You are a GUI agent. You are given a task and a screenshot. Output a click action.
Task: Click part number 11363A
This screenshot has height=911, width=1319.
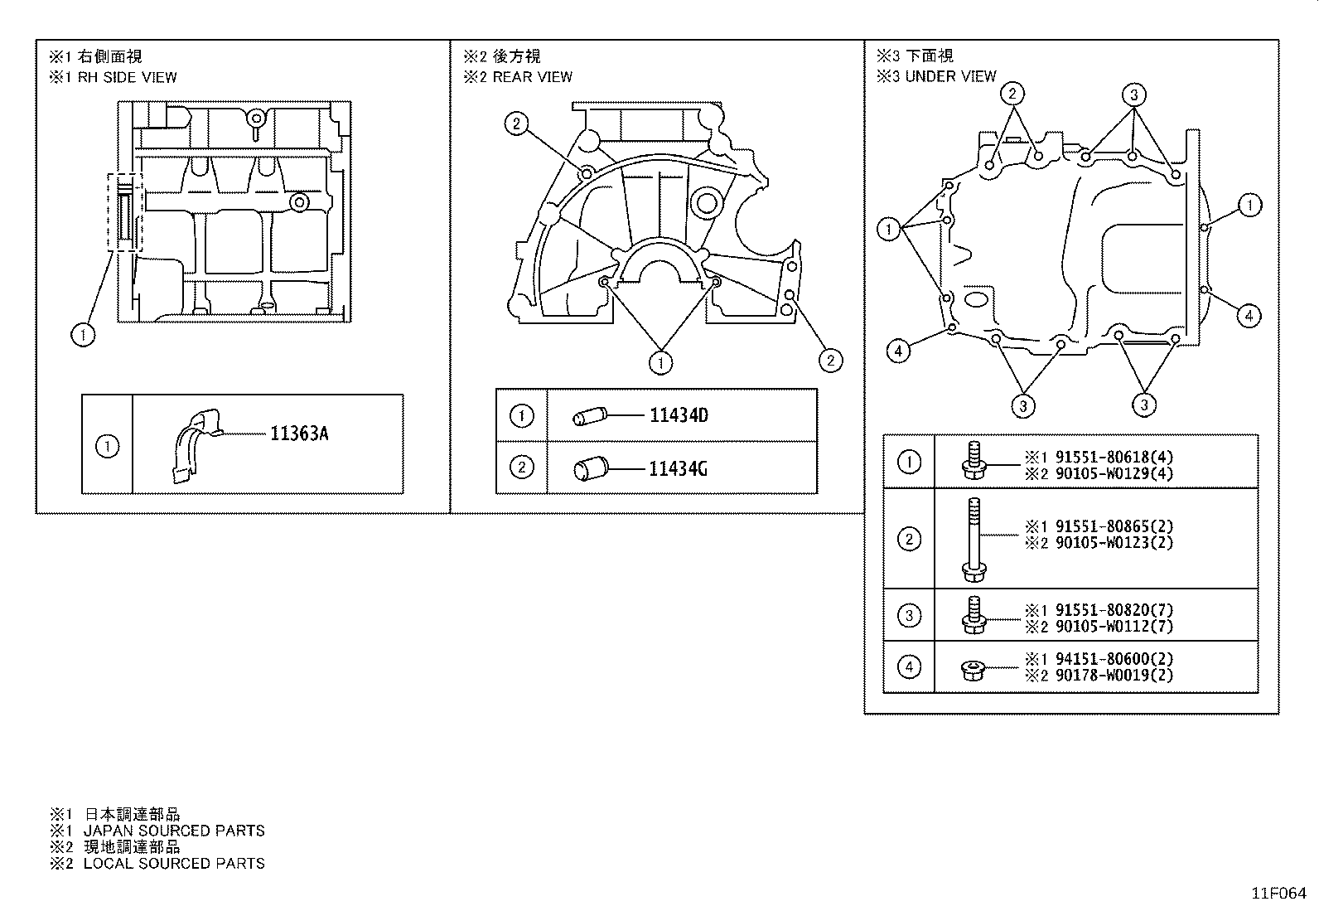298,434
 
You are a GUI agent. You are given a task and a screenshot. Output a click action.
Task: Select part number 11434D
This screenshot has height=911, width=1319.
679,415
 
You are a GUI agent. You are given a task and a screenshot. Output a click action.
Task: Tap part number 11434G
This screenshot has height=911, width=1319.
678,469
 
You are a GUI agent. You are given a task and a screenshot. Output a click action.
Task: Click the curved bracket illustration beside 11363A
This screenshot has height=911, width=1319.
197,443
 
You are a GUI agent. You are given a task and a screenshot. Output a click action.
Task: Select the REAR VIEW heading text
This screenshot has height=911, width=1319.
531,77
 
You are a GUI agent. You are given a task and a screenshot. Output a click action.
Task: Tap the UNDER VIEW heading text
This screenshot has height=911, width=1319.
949,76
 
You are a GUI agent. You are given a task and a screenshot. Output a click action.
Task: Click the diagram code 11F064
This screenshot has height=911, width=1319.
1278,894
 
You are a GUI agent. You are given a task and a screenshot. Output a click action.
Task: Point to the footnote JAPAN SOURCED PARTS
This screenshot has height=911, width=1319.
174,831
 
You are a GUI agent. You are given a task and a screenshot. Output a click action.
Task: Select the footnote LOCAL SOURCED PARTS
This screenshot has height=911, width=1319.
174,864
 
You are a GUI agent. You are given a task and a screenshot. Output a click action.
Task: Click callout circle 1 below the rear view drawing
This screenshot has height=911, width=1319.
660,362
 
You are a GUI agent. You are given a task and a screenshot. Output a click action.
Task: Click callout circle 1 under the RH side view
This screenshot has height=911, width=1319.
83,335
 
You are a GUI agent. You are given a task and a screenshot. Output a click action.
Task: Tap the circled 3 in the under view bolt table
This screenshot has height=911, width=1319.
909,616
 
